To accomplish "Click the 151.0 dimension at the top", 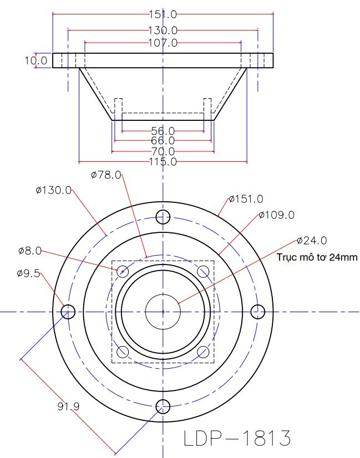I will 163,14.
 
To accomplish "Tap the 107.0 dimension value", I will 163,43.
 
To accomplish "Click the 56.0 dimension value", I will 163,131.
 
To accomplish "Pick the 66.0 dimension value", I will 163,141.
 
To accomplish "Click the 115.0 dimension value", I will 163,162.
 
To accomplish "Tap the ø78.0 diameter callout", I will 105,175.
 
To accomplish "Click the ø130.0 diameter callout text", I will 53,190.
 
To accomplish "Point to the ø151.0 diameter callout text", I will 246,199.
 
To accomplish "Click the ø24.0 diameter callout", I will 312,241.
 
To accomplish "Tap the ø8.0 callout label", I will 30,251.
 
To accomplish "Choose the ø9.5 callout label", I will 29,273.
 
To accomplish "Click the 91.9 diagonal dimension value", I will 69,406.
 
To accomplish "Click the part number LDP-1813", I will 237,439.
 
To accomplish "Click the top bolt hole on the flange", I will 163,216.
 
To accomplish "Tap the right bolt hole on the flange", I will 257,312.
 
